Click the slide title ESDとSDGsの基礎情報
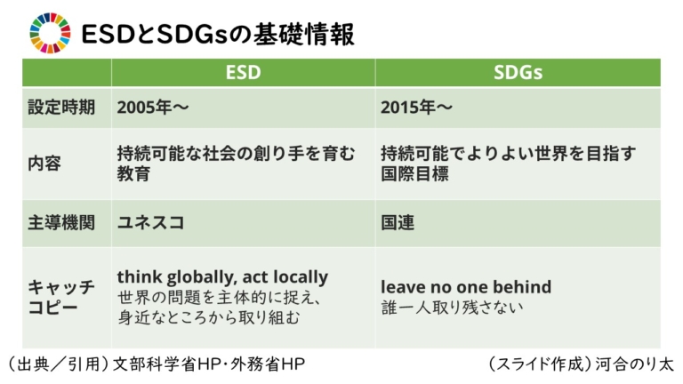point(217,34)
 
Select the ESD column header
point(243,73)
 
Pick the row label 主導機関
point(55,222)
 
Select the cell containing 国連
point(398,222)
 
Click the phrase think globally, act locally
point(222,276)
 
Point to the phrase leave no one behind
point(466,287)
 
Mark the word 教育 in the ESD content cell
point(133,174)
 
